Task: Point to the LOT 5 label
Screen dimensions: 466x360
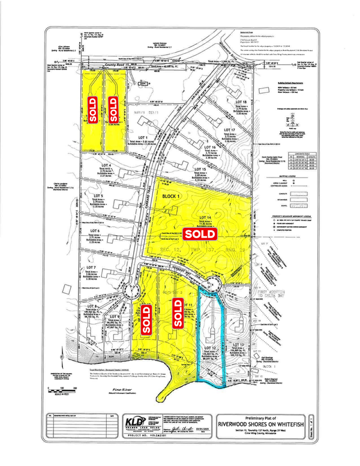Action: coord(98,196)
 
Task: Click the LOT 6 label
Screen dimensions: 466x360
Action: coord(94,231)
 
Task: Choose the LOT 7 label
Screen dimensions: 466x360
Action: coord(91,267)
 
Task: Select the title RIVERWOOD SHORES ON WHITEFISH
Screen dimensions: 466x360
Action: coord(278,421)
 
